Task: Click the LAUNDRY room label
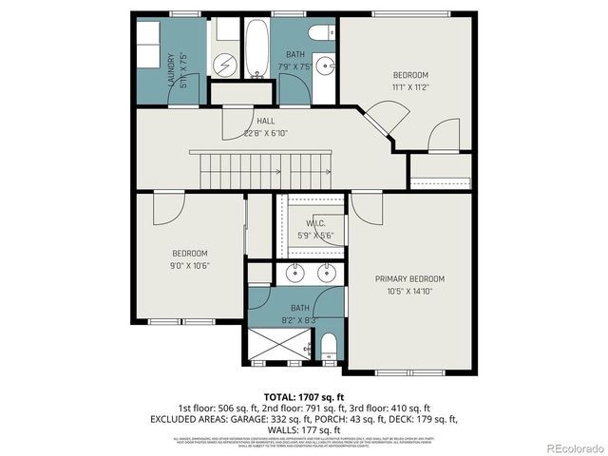pos(172,69)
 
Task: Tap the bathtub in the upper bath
pos(256,48)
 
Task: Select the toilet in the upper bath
pos(322,32)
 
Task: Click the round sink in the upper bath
pos(325,66)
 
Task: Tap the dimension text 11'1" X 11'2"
pos(410,86)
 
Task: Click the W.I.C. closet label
pos(315,223)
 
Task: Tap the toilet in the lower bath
pos(329,344)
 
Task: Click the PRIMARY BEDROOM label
pos(409,278)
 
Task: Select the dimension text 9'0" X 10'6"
pos(190,265)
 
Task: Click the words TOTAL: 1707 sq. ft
pos(303,395)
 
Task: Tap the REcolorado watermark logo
pos(569,448)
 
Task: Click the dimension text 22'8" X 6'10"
pos(266,133)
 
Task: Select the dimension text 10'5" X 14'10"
pos(409,291)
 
